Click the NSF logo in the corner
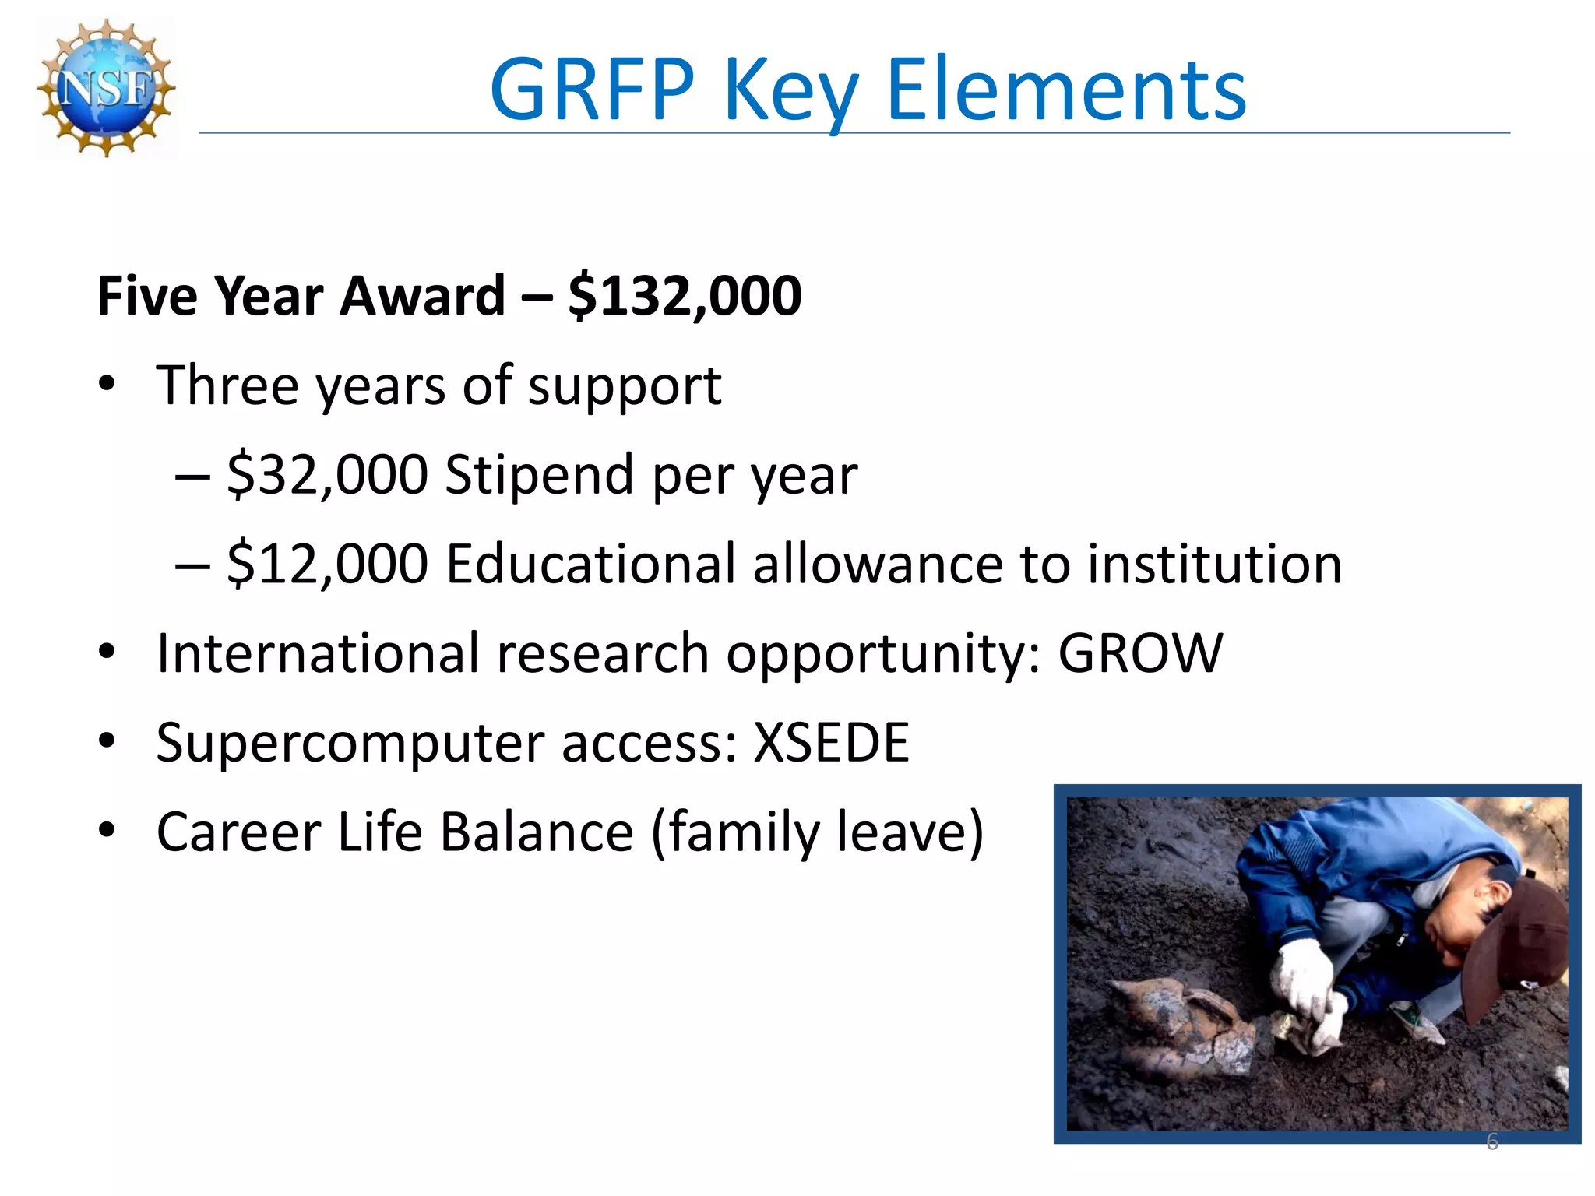point(107,88)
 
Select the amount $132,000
point(685,296)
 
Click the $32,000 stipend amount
point(327,474)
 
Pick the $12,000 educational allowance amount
point(327,564)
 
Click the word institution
point(1214,564)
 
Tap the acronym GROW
point(1140,653)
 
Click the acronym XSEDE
point(831,742)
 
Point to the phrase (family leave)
point(818,832)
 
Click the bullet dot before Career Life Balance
point(107,830)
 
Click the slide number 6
point(1492,1141)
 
